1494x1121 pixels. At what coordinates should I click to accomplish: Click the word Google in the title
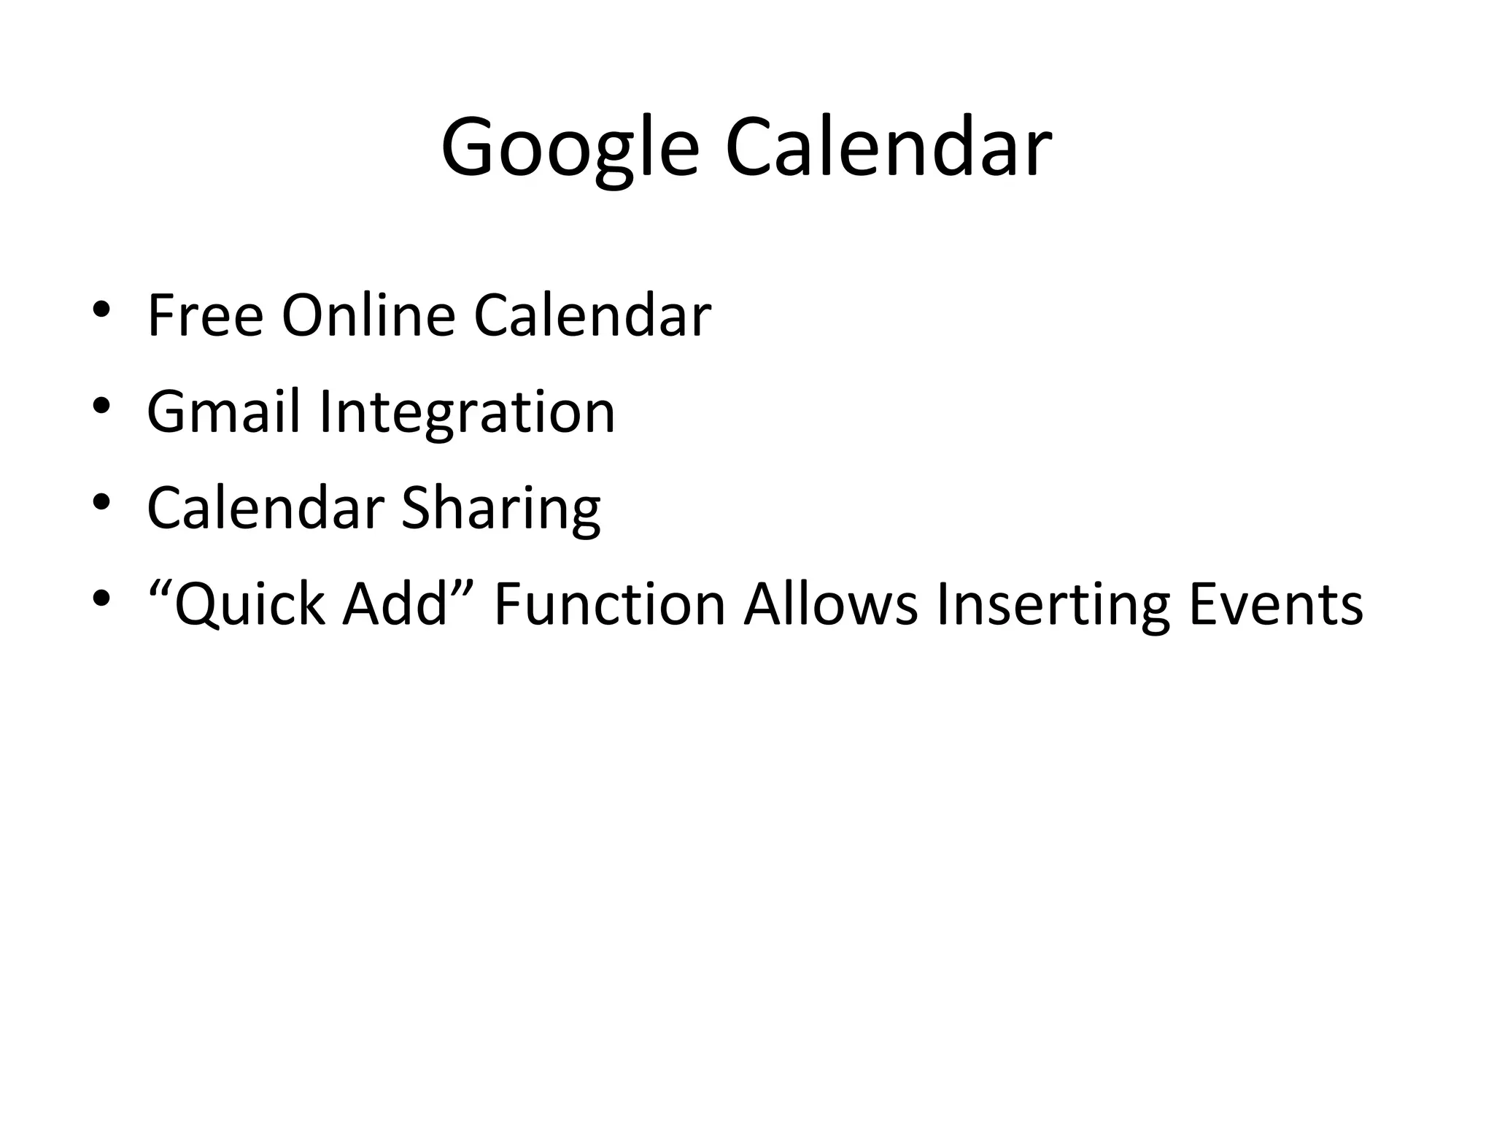pyautogui.click(x=570, y=148)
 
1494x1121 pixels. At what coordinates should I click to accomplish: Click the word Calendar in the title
pyautogui.click(x=888, y=148)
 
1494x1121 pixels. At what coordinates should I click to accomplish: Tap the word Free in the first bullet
pyautogui.click(x=205, y=315)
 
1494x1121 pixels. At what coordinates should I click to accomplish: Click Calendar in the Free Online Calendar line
pyautogui.click(x=592, y=315)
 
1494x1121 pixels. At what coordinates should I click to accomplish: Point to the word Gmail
pyautogui.click(x=223, y=412)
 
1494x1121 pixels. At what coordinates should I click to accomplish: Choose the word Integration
pyautogui.click(x=467, y=412)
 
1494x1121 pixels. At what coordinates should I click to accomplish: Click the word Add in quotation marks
pyautogui.click(x=394, y=604)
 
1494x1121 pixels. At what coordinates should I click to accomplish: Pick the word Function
pyautogui.click(x=610, y=604)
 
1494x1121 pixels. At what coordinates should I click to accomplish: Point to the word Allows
pyautogui.click(x=830, y=604)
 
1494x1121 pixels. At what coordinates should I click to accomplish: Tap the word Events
pyautogui.click(x=1275, y=604)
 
